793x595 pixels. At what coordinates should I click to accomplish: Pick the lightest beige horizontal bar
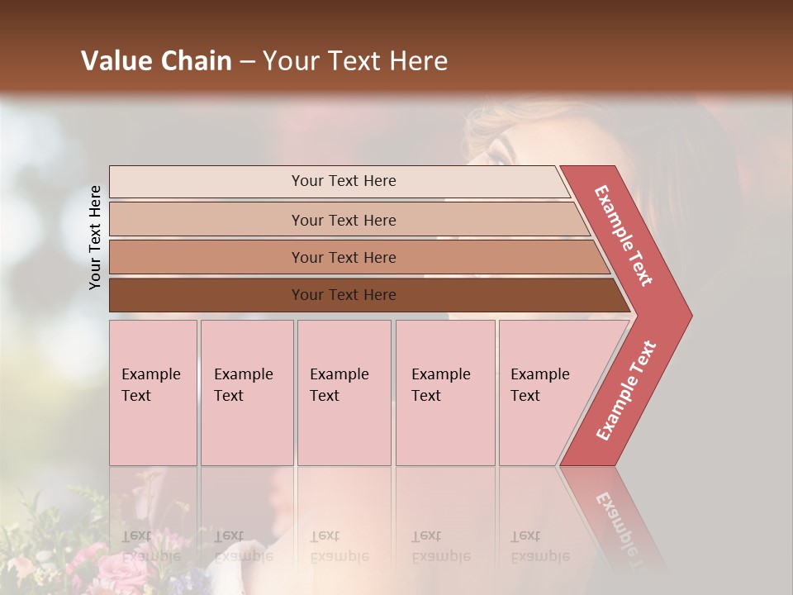339,181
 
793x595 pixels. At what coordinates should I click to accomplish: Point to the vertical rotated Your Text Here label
95,237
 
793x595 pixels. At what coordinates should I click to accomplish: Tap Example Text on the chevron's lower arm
625,391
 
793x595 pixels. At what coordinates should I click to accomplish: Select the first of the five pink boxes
153,393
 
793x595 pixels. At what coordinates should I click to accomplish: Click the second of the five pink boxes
247,393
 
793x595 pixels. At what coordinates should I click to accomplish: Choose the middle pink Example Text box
344,393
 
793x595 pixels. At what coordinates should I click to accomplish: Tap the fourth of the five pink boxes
445,393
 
